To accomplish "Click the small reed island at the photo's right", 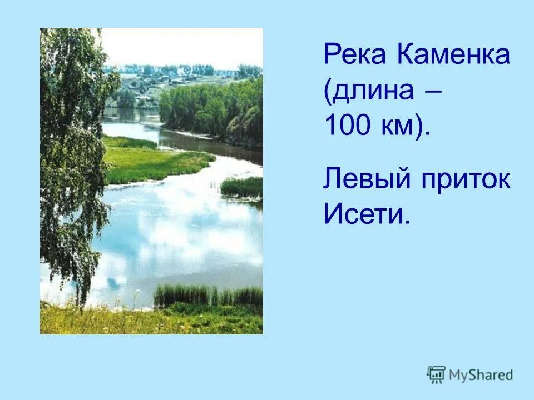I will [242, 187].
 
